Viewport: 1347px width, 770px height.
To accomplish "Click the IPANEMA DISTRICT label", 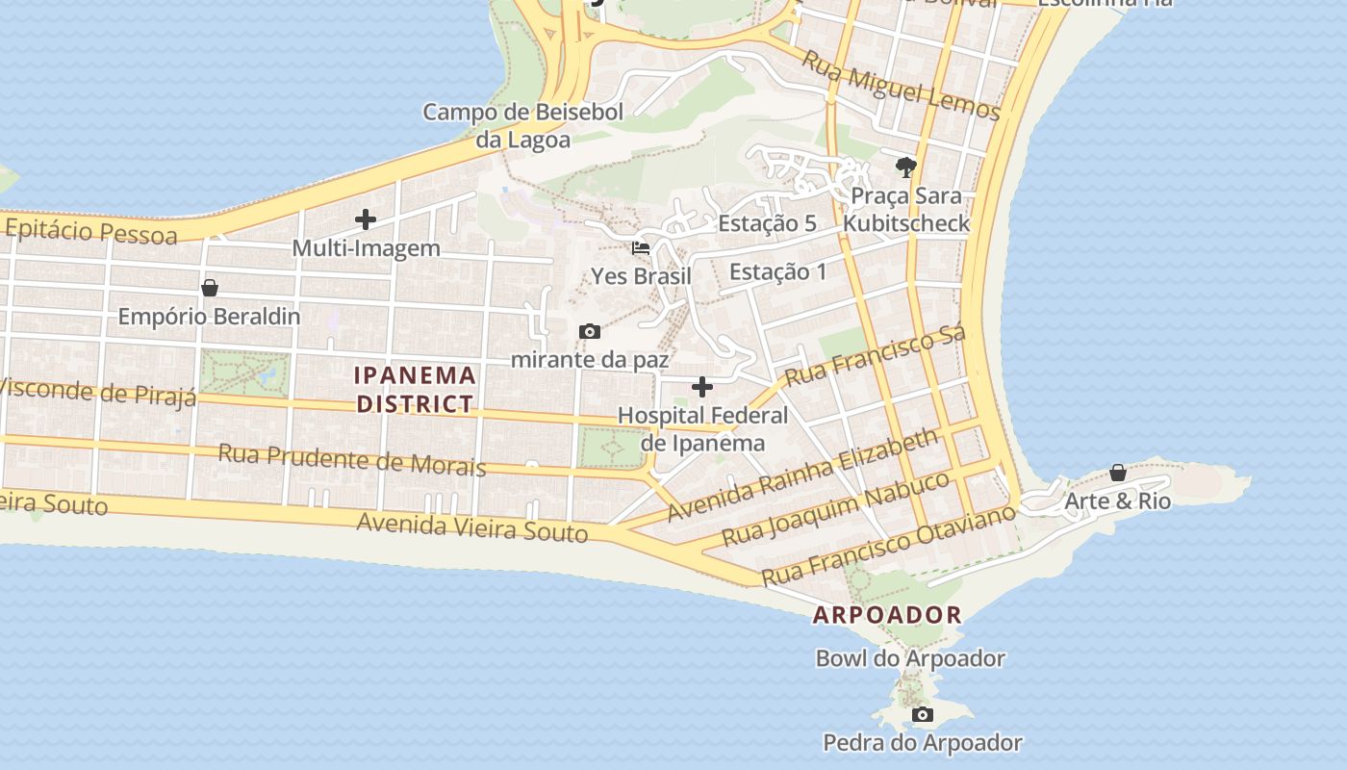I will click(416, 389).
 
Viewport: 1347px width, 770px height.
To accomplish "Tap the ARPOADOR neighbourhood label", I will click(887, 615).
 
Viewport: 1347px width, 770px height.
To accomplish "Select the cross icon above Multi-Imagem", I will click(366, 219).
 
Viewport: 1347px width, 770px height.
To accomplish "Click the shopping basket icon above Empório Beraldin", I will click(210, 288).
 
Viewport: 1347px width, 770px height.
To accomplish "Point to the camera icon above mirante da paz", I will click(590, 332).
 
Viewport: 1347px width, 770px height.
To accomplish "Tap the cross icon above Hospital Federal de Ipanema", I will click(702, 387).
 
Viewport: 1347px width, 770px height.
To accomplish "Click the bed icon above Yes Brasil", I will click(641, 248).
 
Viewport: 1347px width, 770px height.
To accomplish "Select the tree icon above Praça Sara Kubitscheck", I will click(905, 167).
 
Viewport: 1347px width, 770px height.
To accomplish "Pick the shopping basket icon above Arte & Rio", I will click(1118, 473).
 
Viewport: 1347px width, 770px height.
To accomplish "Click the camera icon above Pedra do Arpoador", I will click(923, 714).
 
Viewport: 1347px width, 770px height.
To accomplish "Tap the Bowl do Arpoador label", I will click(910, 658).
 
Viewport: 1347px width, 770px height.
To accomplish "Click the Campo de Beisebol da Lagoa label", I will click(523, 126).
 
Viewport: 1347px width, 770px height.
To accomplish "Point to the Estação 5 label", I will click(767, 223).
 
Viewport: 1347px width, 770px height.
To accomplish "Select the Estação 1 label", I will click(777, 271).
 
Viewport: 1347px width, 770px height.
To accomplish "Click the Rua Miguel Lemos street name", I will click(902, 87).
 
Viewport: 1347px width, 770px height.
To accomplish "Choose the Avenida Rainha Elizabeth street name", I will click(801, 475).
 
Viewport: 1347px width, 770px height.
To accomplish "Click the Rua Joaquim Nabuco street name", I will click(836, 509).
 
